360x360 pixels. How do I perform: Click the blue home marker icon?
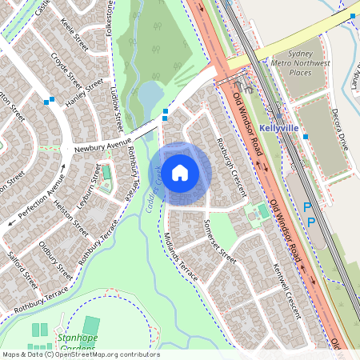point(180,172)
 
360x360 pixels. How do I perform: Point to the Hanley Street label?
point(84,94)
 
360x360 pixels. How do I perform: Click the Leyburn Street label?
point(86,191)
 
